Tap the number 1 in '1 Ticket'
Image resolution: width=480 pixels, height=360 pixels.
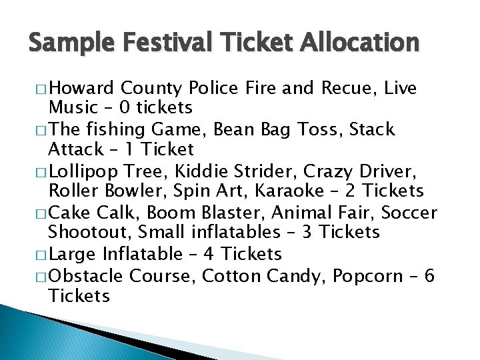pos(119,149)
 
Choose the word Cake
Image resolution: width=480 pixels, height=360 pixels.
pos(71,213)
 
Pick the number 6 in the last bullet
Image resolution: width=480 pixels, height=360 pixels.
pos(429,275)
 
